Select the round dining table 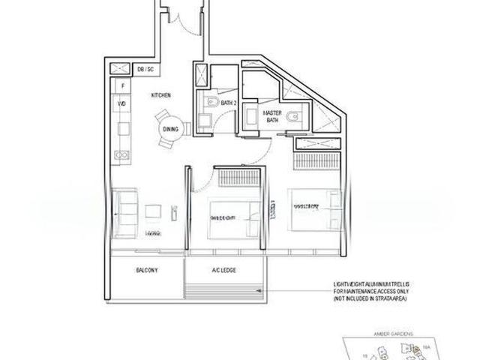point(169,130)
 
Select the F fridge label point(122,85)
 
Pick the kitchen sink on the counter point(121,154)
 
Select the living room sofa point(123,211)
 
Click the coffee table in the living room point(154,211)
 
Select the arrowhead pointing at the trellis point(264,288)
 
